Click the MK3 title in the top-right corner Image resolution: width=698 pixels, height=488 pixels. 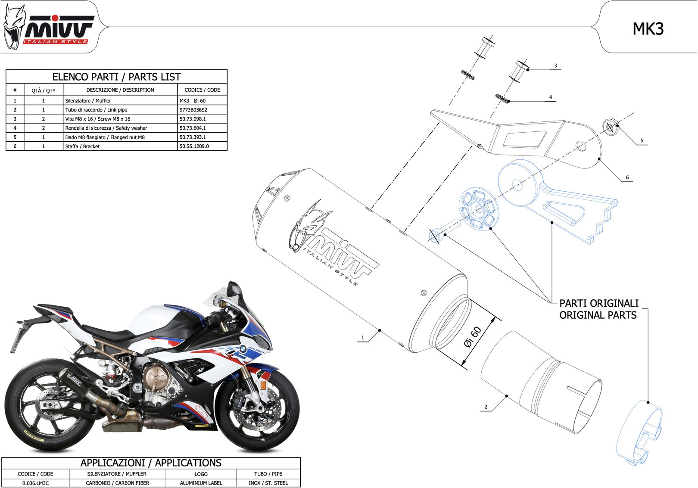pyautogui.click(x=648, y=29)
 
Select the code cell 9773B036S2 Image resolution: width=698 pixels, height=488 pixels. pyautogui.click(x=193, y=110)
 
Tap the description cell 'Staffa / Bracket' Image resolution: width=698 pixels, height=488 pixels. pyautogui.click(x=82, y=146)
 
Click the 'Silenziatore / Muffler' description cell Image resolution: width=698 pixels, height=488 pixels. pyautogui.click(x=88, y=101)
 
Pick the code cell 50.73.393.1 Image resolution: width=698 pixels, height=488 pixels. pyautogui.click(x=193, y=137)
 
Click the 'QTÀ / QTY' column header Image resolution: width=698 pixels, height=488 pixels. pyautogui.click(x=44, y=90)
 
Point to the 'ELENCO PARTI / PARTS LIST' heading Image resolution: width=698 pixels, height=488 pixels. pyautogui.click(x=116, y=77)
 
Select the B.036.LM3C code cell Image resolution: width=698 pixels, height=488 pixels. pyautogui.click(x=35, y=483)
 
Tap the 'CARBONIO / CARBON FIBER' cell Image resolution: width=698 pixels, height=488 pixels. pyautogui.click(x=117, y=483)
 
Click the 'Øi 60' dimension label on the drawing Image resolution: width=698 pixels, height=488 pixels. pyautogui.click(x=472, y=337)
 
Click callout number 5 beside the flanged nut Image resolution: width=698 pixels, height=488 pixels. pyautogui.click(x=642, y=140)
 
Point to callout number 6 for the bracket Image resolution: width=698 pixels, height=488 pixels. pyautogui.click(x=627, y=177)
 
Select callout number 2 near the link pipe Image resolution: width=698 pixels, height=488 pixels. pyautogui.click(x=486, y=407)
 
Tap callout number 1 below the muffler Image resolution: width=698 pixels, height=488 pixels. pyautogui.click(x=362, y=337)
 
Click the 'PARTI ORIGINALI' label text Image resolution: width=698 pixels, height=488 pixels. pyautogui.click(x=599, y=303)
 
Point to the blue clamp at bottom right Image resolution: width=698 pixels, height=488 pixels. pyautogui.click(x=639, y=433)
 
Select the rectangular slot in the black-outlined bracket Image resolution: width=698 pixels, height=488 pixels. pyautogui.click(x=524, y=139)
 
